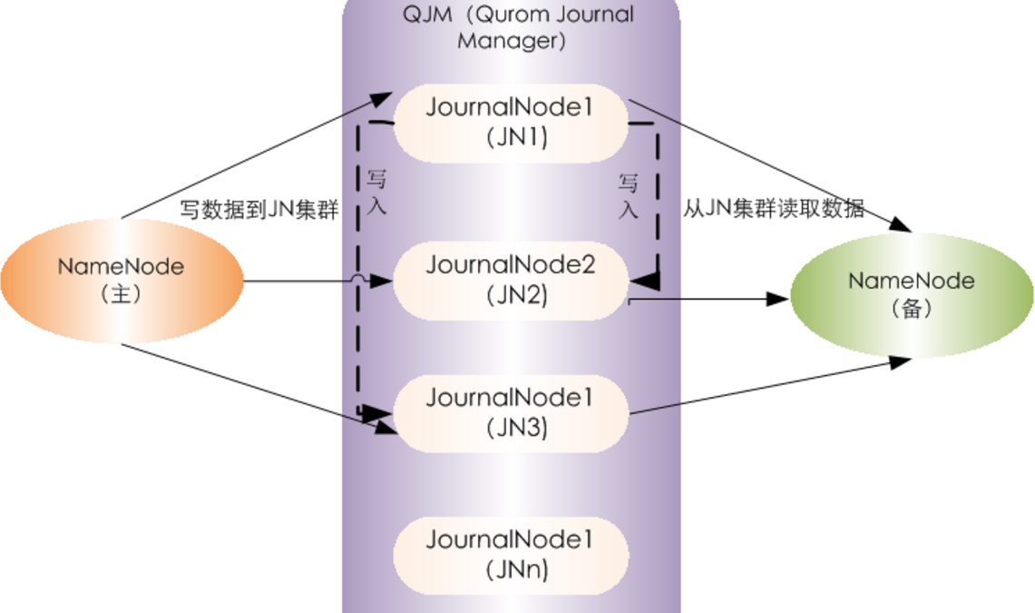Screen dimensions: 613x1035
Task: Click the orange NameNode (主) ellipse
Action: coord(122,281)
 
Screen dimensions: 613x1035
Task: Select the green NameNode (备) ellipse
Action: coord(912,294)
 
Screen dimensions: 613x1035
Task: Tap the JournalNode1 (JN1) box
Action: coord(510,123)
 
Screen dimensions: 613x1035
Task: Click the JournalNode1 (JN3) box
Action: coord(510,412)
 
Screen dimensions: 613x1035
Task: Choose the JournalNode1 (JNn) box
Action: coord(510,554)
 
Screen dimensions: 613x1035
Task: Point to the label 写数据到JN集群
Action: coord(259,212)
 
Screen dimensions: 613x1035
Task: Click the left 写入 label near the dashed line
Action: coord(376,191)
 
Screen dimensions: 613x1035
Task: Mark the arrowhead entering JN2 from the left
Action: coord(382,281)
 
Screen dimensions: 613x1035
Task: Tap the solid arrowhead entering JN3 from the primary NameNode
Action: coord(385,425)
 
